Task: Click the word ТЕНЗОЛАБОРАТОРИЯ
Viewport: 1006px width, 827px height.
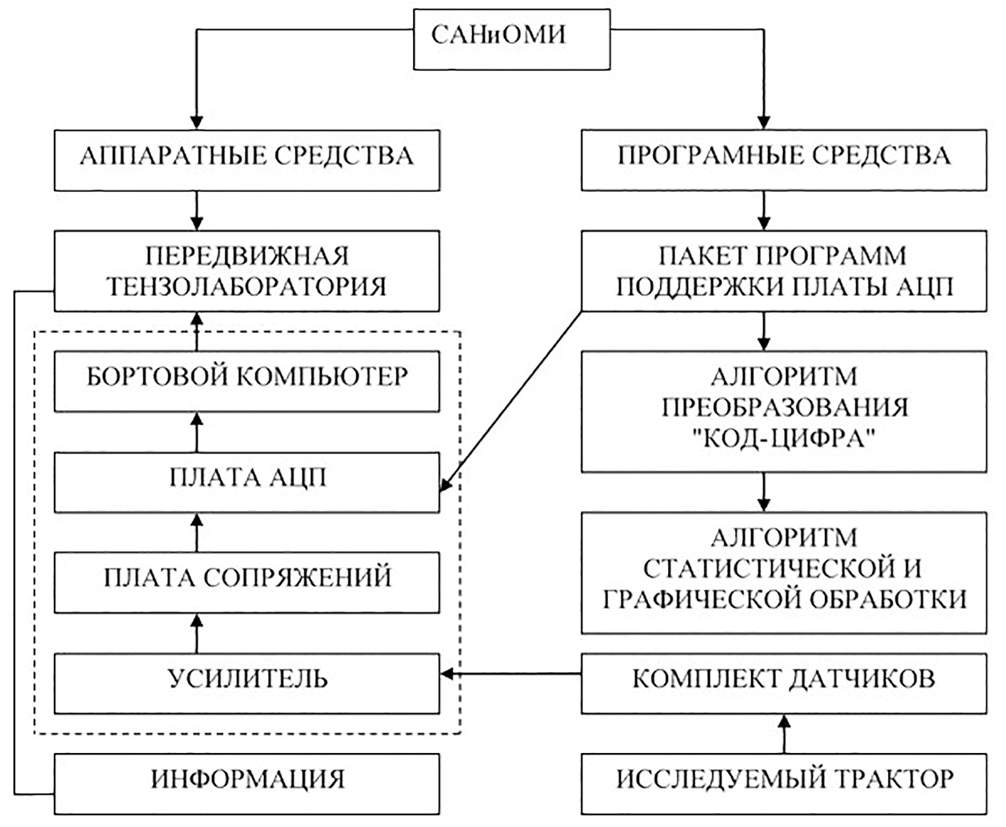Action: click(246, 286)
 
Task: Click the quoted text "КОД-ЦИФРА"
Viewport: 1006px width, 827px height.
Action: click(784, 440)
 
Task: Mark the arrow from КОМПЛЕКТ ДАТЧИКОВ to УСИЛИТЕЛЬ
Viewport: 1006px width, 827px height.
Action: click(510, 674)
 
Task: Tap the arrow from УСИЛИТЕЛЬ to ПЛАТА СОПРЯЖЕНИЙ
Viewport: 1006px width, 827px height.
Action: click(197, 632)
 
